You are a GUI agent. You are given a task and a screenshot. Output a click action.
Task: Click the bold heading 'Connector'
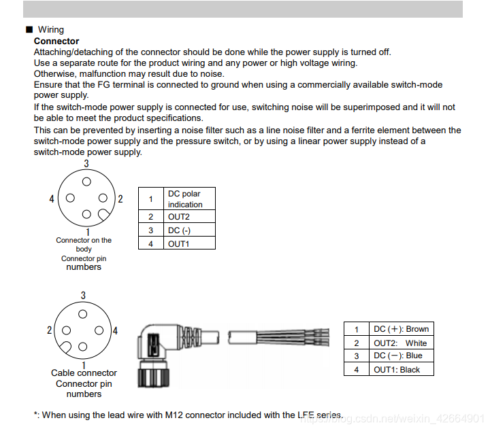coord(56,41)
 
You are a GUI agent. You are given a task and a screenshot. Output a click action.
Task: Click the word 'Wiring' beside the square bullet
coord(51,30)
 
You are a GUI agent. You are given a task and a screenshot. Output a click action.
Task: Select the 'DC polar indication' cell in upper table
coord(189,199)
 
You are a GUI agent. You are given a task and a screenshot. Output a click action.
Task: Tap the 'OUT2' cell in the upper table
coord(189,217)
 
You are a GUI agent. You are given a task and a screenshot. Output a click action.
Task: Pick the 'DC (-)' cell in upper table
coord(189,230)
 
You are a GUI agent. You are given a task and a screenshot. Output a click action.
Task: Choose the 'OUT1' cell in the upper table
coord(189,243)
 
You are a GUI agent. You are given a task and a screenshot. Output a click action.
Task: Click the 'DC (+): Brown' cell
coord(402,329)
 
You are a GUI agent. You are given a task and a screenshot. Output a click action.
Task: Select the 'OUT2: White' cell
coord(402,343)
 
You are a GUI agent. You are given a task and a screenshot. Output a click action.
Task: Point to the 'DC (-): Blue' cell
coord(402,356)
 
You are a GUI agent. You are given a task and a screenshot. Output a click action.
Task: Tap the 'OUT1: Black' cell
coord(402,369)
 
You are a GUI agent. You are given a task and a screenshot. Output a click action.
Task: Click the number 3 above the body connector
coord(86,164)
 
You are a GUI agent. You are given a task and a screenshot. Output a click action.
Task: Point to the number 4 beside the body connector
coord(52,199)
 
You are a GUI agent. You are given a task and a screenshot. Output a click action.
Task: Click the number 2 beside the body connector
coord(120,199)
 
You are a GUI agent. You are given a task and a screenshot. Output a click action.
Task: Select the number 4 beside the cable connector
coord(115,331)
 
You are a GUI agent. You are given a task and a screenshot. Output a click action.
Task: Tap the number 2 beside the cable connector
coord(50,331)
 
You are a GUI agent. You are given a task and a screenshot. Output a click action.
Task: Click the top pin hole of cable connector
coord(83,314)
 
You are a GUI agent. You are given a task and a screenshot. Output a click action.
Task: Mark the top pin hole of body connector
coord(86,182)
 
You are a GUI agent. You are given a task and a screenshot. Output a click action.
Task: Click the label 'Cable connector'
coord(84,373)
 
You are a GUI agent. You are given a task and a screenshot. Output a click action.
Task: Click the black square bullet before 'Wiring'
coord(29,30)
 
